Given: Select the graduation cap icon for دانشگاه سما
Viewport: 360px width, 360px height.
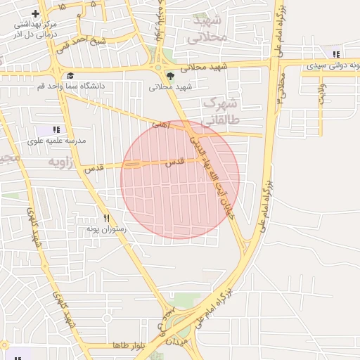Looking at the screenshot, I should pos(70,75).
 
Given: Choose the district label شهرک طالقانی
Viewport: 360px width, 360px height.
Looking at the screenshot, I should pos(221,112).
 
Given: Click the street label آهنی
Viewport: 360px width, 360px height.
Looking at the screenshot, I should pos(161,124).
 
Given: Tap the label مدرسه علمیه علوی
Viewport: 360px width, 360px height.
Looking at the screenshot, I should pos(56,141).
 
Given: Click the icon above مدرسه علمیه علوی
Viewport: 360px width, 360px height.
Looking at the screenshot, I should pos(56,129).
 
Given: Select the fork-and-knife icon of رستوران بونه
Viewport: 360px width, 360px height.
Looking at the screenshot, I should pos(107,219).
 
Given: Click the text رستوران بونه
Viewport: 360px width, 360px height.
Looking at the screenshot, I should pos(106,229).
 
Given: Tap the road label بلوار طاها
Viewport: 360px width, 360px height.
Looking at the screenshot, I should pos(127,346).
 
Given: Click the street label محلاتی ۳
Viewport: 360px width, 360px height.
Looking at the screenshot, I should pos(281,88).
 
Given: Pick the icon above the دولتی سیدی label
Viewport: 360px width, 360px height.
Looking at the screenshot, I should pos(336,54).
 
